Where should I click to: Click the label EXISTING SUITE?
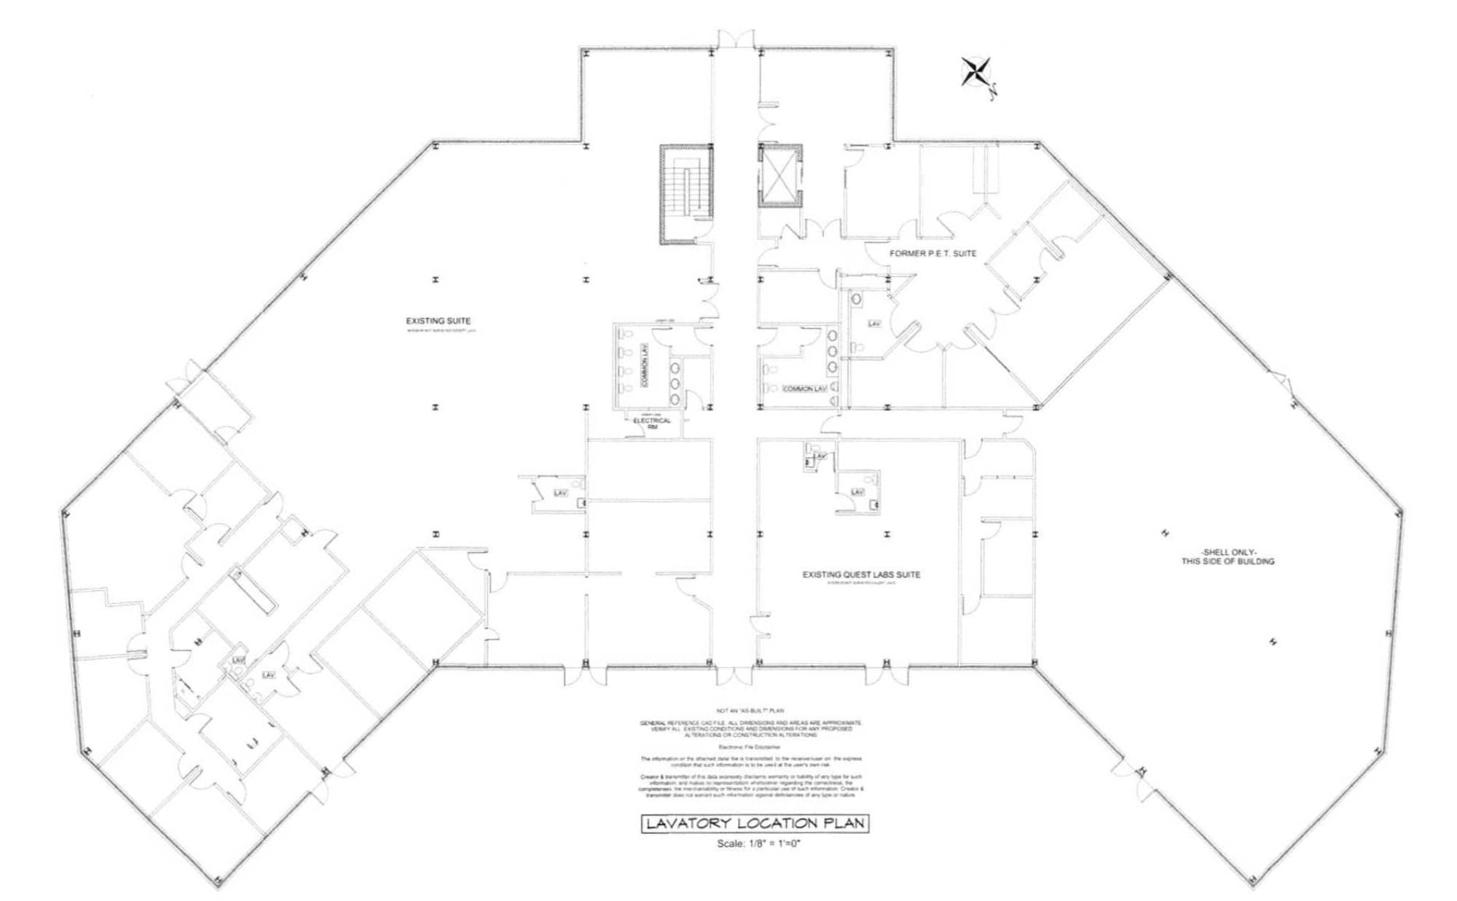click(x=438, y=321)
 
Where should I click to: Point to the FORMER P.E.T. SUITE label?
click(x=932, y=254)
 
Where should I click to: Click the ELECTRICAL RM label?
click(x=652, y=424)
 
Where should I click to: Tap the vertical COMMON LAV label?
click(x=644, y=365)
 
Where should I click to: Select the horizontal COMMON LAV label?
click(x=805, y=389)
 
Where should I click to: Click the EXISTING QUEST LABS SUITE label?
click(x=861, y=574)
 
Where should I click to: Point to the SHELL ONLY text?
click(x=1228, y=557)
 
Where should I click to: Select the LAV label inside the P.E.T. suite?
click(x=874, y=323)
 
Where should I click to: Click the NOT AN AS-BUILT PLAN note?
click(x=750, y=709)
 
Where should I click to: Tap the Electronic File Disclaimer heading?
click(x=750, y=747)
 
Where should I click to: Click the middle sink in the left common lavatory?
click(x=675, y=383)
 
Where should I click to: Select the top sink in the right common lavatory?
click(x=832, y=335)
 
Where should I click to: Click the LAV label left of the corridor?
click(x=559, y=494)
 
